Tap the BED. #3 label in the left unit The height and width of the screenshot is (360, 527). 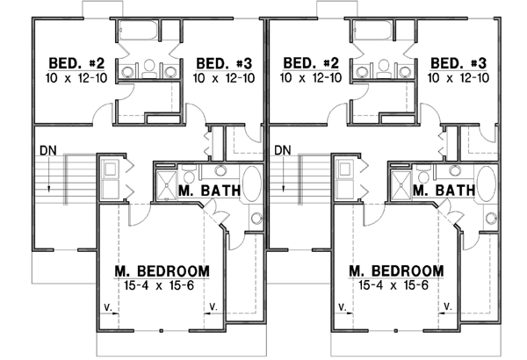click(225, 64)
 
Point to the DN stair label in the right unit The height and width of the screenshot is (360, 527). click(282, 150)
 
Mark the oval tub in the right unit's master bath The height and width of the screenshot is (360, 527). click(485, 184)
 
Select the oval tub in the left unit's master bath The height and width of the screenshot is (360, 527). click(251, 184)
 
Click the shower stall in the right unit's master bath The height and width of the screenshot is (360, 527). click(399, 185)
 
